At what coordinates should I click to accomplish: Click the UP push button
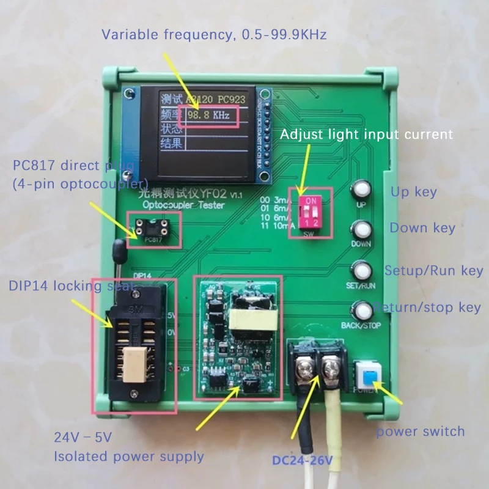[x=361, y=189]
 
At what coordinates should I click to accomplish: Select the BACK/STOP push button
[x=362, y=311]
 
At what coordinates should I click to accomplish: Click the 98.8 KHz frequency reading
[x=208, y=115]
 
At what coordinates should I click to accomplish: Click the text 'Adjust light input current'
[x=367, y=134]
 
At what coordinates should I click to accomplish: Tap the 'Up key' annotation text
[x=414, y=191]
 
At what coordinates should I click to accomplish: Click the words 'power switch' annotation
[x=420, y=432]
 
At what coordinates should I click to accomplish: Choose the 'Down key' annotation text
[x=422, y=228]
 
